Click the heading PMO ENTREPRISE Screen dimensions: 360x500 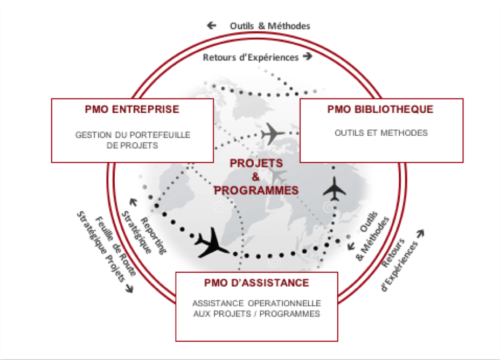tap(132, 109)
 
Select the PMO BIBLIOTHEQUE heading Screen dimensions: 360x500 tap(380, 109)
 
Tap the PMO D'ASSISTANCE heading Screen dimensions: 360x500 tap(256, 283)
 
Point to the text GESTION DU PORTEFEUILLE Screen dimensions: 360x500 tap(133, 135)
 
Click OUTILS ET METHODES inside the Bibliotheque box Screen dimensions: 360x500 tap(381, 133)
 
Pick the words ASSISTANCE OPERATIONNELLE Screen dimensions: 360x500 tap(256, 303)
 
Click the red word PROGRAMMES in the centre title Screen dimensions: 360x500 tap(256, 190)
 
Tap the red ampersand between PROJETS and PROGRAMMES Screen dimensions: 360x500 tap(256, 177)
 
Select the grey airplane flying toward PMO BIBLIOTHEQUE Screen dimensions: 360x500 tap(272, 133)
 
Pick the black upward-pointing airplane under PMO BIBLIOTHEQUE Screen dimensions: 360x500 tap(336, 188)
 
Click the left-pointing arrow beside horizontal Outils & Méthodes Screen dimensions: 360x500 tap(211, 25)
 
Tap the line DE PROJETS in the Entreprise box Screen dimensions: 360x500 tap(133, 146)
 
